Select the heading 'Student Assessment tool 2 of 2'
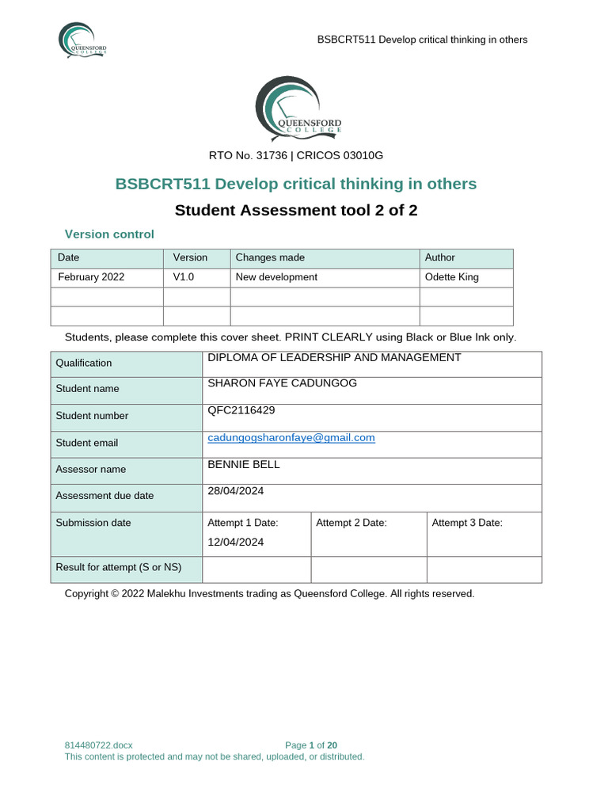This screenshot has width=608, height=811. click(x=295, y=210)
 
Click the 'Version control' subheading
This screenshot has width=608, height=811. click(x=109, y=234)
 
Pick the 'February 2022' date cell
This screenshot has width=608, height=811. click(x=91, y=277)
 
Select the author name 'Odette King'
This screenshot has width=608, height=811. click(x=452, y=277)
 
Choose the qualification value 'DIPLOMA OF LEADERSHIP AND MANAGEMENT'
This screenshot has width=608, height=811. click(x=334, y=358)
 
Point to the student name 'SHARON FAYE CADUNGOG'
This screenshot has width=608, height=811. click(x=282, y=383)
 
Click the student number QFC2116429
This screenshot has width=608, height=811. click(x=241, y=410)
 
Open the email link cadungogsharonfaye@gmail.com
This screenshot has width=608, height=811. click(x=291, y=437)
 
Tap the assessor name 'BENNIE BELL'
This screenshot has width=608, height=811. click(x=244, y=464)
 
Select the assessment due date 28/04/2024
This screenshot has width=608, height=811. click(x=236, y=491)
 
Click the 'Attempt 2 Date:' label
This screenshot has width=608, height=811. click(x=351, y=523)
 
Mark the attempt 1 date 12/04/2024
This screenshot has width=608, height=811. click(x=236, y=543)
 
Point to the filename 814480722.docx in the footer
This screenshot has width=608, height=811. click(x=99, y=745)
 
